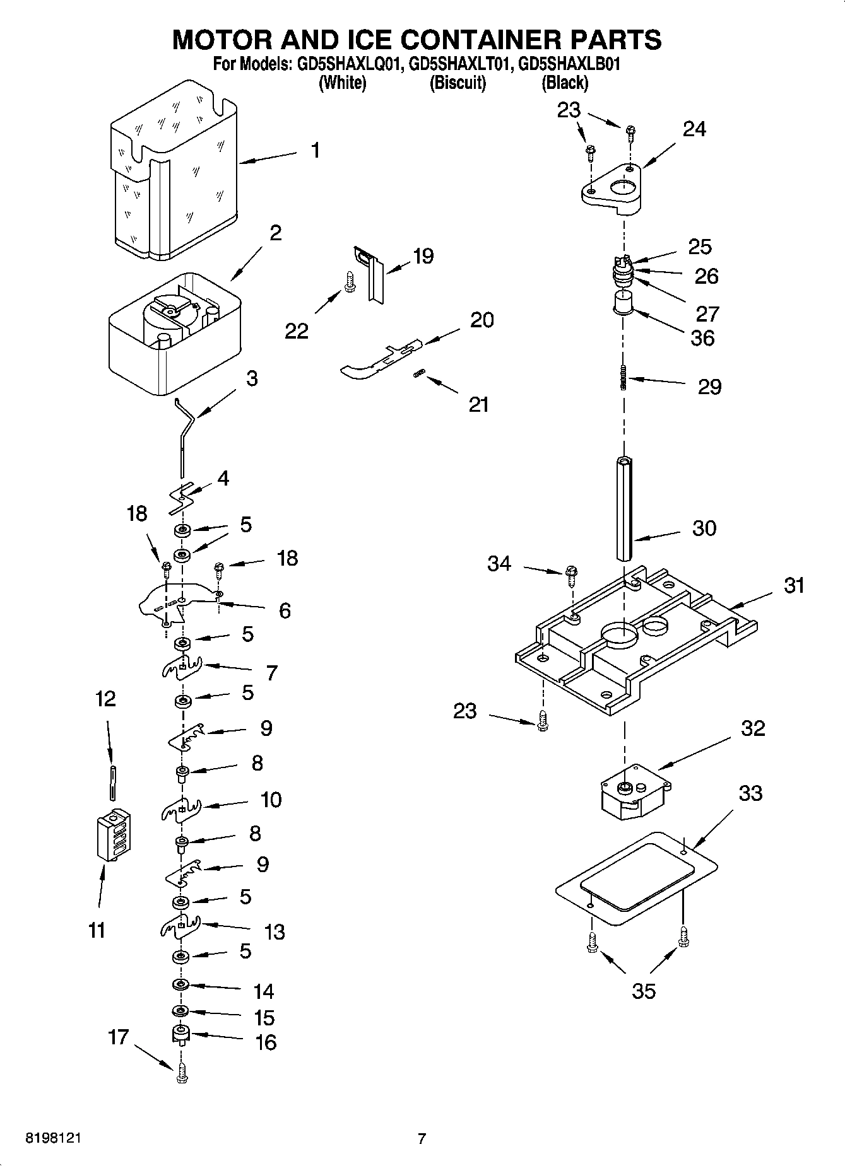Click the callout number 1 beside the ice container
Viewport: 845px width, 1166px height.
coord(315,150)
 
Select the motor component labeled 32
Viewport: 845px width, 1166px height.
coord(633,791)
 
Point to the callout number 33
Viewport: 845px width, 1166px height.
coord(750,793)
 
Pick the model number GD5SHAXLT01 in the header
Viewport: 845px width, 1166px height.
coord(459,64)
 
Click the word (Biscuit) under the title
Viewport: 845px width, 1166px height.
coord(458,83)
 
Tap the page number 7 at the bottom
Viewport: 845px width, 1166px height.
coord(422,1139)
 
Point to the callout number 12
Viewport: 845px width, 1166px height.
coord(105,698)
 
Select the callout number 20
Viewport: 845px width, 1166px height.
coord(482,320)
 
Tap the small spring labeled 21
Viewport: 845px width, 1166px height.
coord(418,375)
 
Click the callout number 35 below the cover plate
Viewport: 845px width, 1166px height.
coord(643,991)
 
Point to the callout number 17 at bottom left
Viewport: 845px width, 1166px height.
coord(118,1037)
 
